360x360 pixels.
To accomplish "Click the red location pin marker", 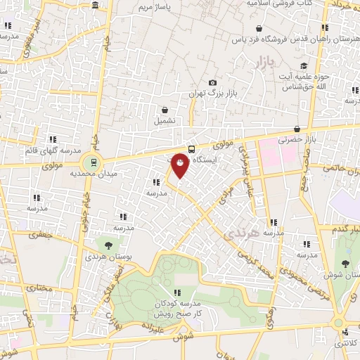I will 181,165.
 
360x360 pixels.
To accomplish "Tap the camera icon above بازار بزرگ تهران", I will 212,82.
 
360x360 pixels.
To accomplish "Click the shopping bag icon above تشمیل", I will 165,110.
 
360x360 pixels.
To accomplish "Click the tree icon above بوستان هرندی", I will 108,245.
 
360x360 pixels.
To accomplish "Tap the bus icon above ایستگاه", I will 191,148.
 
